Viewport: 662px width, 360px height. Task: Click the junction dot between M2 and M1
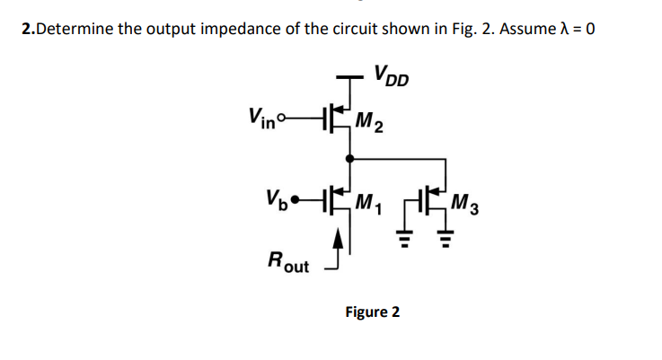(349, 156)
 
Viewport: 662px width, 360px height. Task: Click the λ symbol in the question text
(560, 28)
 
